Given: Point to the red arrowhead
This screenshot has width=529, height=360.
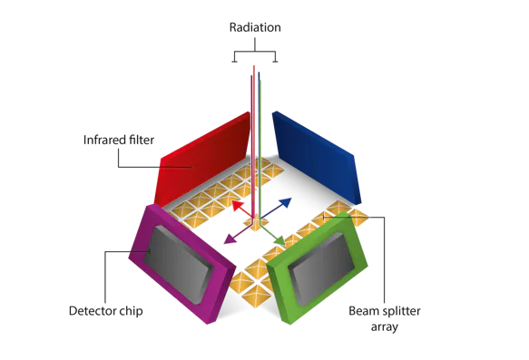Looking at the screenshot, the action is (x=238, y=206).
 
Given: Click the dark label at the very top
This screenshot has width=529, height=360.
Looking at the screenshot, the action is (x=255, y=29).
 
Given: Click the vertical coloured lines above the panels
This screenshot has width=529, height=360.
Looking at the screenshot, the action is (x=258, y=118).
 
